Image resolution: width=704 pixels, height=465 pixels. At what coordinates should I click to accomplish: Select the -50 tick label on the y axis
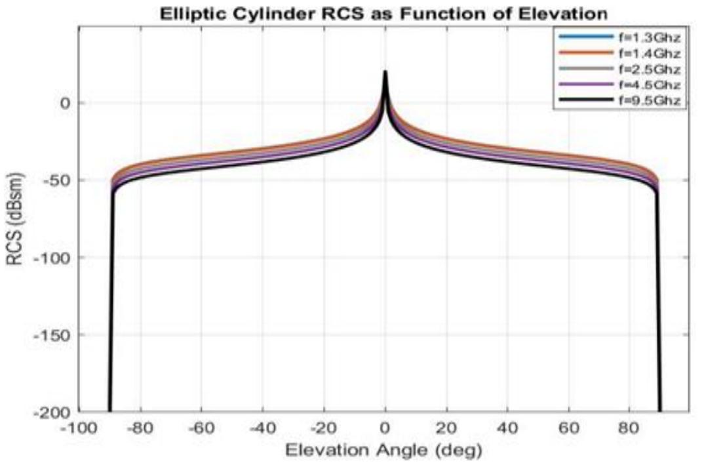[58, 180]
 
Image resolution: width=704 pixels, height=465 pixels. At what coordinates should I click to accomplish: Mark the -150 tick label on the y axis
[54, 334]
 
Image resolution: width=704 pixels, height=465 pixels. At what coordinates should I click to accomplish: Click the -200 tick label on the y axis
[54, 412]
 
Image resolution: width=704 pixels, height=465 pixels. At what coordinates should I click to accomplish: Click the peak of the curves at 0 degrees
[385, 72]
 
